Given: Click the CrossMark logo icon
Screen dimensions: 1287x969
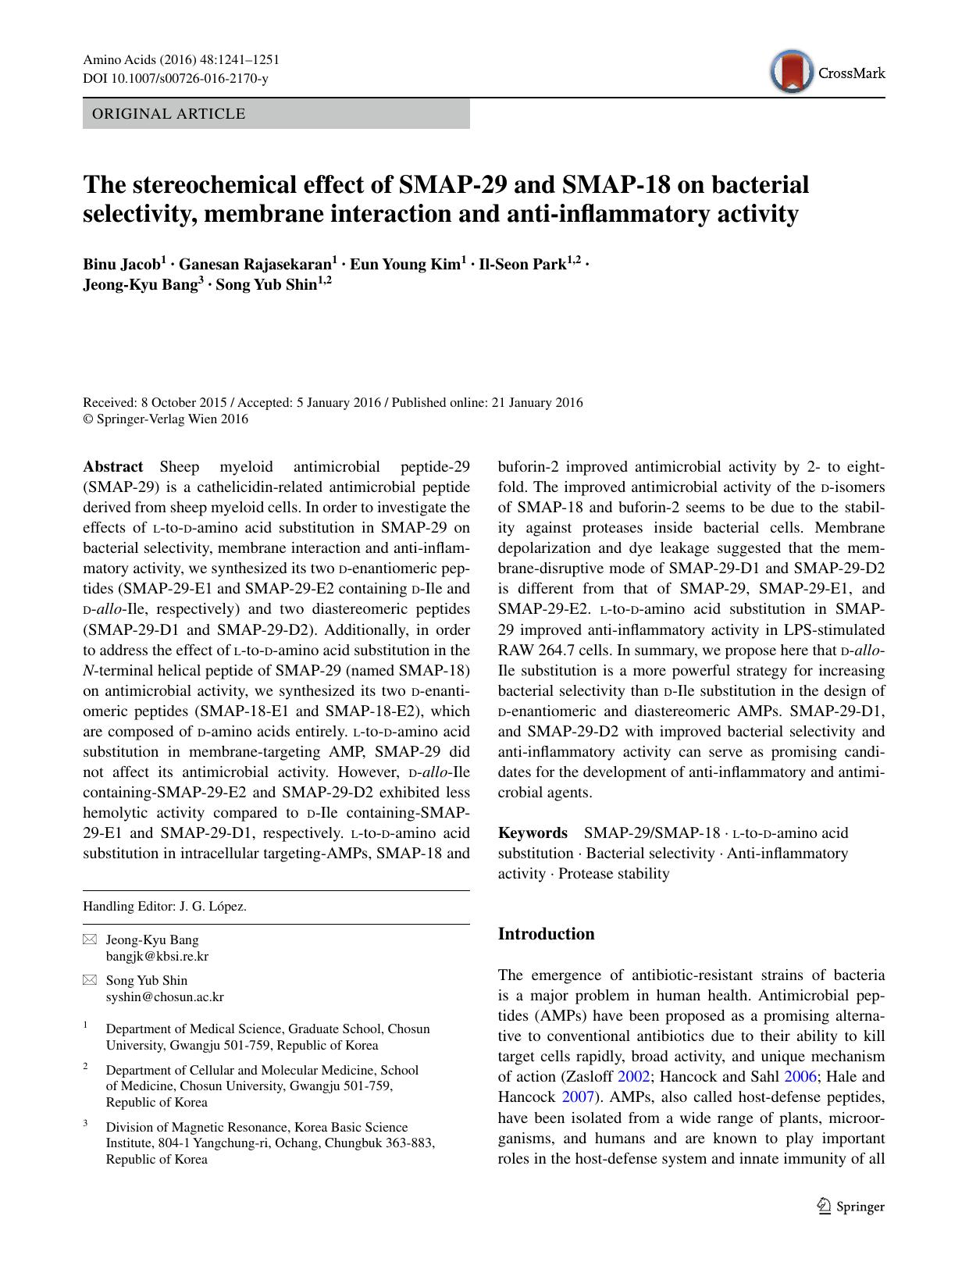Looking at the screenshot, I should (x=792, y=72).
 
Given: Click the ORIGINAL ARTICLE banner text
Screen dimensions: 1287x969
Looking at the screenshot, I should (x=169, y=114).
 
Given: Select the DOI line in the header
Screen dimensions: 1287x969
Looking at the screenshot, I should (x=175, y=79).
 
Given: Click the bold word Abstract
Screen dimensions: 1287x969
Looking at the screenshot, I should (x=113, y=467).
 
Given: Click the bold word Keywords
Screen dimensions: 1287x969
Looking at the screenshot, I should (x=533, y=832).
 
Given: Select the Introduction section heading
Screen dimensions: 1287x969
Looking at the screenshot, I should (x=546, y=934).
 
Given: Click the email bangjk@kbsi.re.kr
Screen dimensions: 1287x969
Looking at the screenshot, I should (x=157, y=956).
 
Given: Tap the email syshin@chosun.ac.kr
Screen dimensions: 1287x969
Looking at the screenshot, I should (x=165, y=996).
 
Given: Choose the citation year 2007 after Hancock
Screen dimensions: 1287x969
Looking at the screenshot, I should (x=579, y=1096).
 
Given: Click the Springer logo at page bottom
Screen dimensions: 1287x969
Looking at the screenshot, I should (x=850, y=1207).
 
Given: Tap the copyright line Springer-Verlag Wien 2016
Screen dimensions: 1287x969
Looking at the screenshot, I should (x=166, y=419).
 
